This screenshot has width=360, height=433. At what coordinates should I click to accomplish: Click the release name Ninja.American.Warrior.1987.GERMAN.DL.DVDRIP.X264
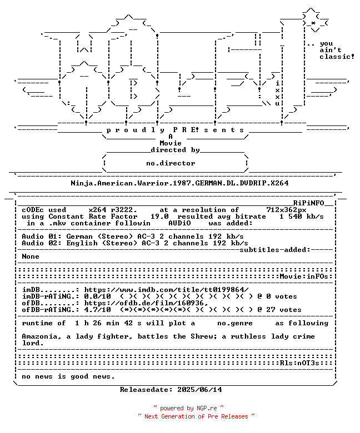tap(179, 183)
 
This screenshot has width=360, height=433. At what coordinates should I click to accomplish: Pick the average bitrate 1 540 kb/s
tap(301, 216)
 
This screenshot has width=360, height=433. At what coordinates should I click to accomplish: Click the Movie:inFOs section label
tap(305, 276)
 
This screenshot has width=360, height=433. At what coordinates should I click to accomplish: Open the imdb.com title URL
tap(166, 290)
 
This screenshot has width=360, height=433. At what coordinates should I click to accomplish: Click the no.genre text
tap(234, 323)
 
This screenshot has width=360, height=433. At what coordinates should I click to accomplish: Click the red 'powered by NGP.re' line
tap(188, 408)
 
